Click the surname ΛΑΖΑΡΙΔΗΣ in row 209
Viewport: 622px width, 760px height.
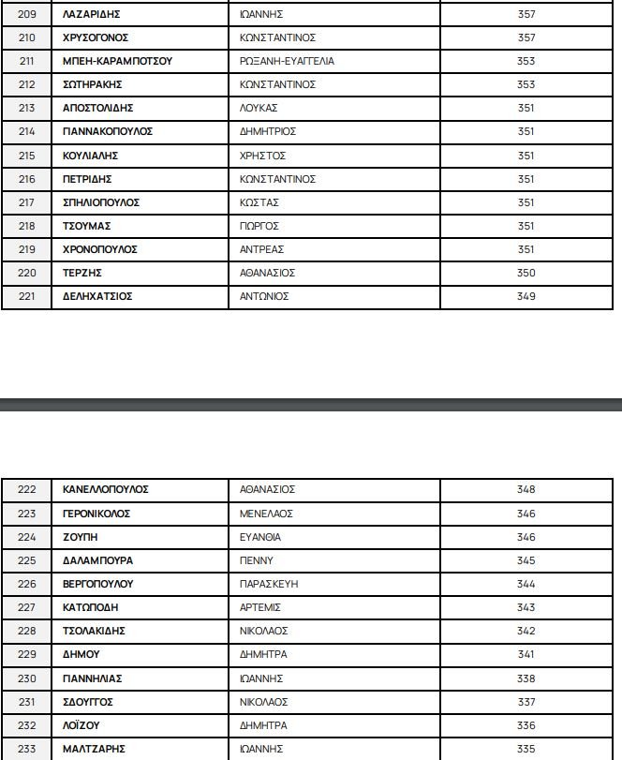(91, 14)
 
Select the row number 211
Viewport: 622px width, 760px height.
(26, 61)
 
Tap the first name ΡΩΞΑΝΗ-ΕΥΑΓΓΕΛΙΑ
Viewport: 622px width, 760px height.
(287, 61)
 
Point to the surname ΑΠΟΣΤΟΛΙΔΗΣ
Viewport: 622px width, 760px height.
(98, 108)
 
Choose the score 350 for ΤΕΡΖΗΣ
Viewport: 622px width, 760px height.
(526, 273)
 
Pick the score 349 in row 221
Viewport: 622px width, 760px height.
(526, 296)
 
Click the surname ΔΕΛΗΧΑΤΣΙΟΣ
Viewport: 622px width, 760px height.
(97, 296)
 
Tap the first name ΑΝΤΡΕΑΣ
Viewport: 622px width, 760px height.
(262, 249)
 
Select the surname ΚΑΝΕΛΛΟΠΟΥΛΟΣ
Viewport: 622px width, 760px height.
(106, 489)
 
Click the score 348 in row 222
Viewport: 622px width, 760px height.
(526, 489)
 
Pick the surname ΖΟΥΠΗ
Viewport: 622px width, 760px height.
(80, 537)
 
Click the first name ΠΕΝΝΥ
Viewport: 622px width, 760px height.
(257, 560)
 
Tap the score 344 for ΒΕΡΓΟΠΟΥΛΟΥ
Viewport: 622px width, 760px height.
(526, 584)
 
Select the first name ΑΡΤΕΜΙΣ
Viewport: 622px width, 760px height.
(260, 607)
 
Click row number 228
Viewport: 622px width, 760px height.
(26, 631)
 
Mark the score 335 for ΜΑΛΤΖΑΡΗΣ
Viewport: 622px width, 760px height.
(526, 749)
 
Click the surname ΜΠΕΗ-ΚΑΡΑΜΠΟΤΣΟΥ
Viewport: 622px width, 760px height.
(117, 61)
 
